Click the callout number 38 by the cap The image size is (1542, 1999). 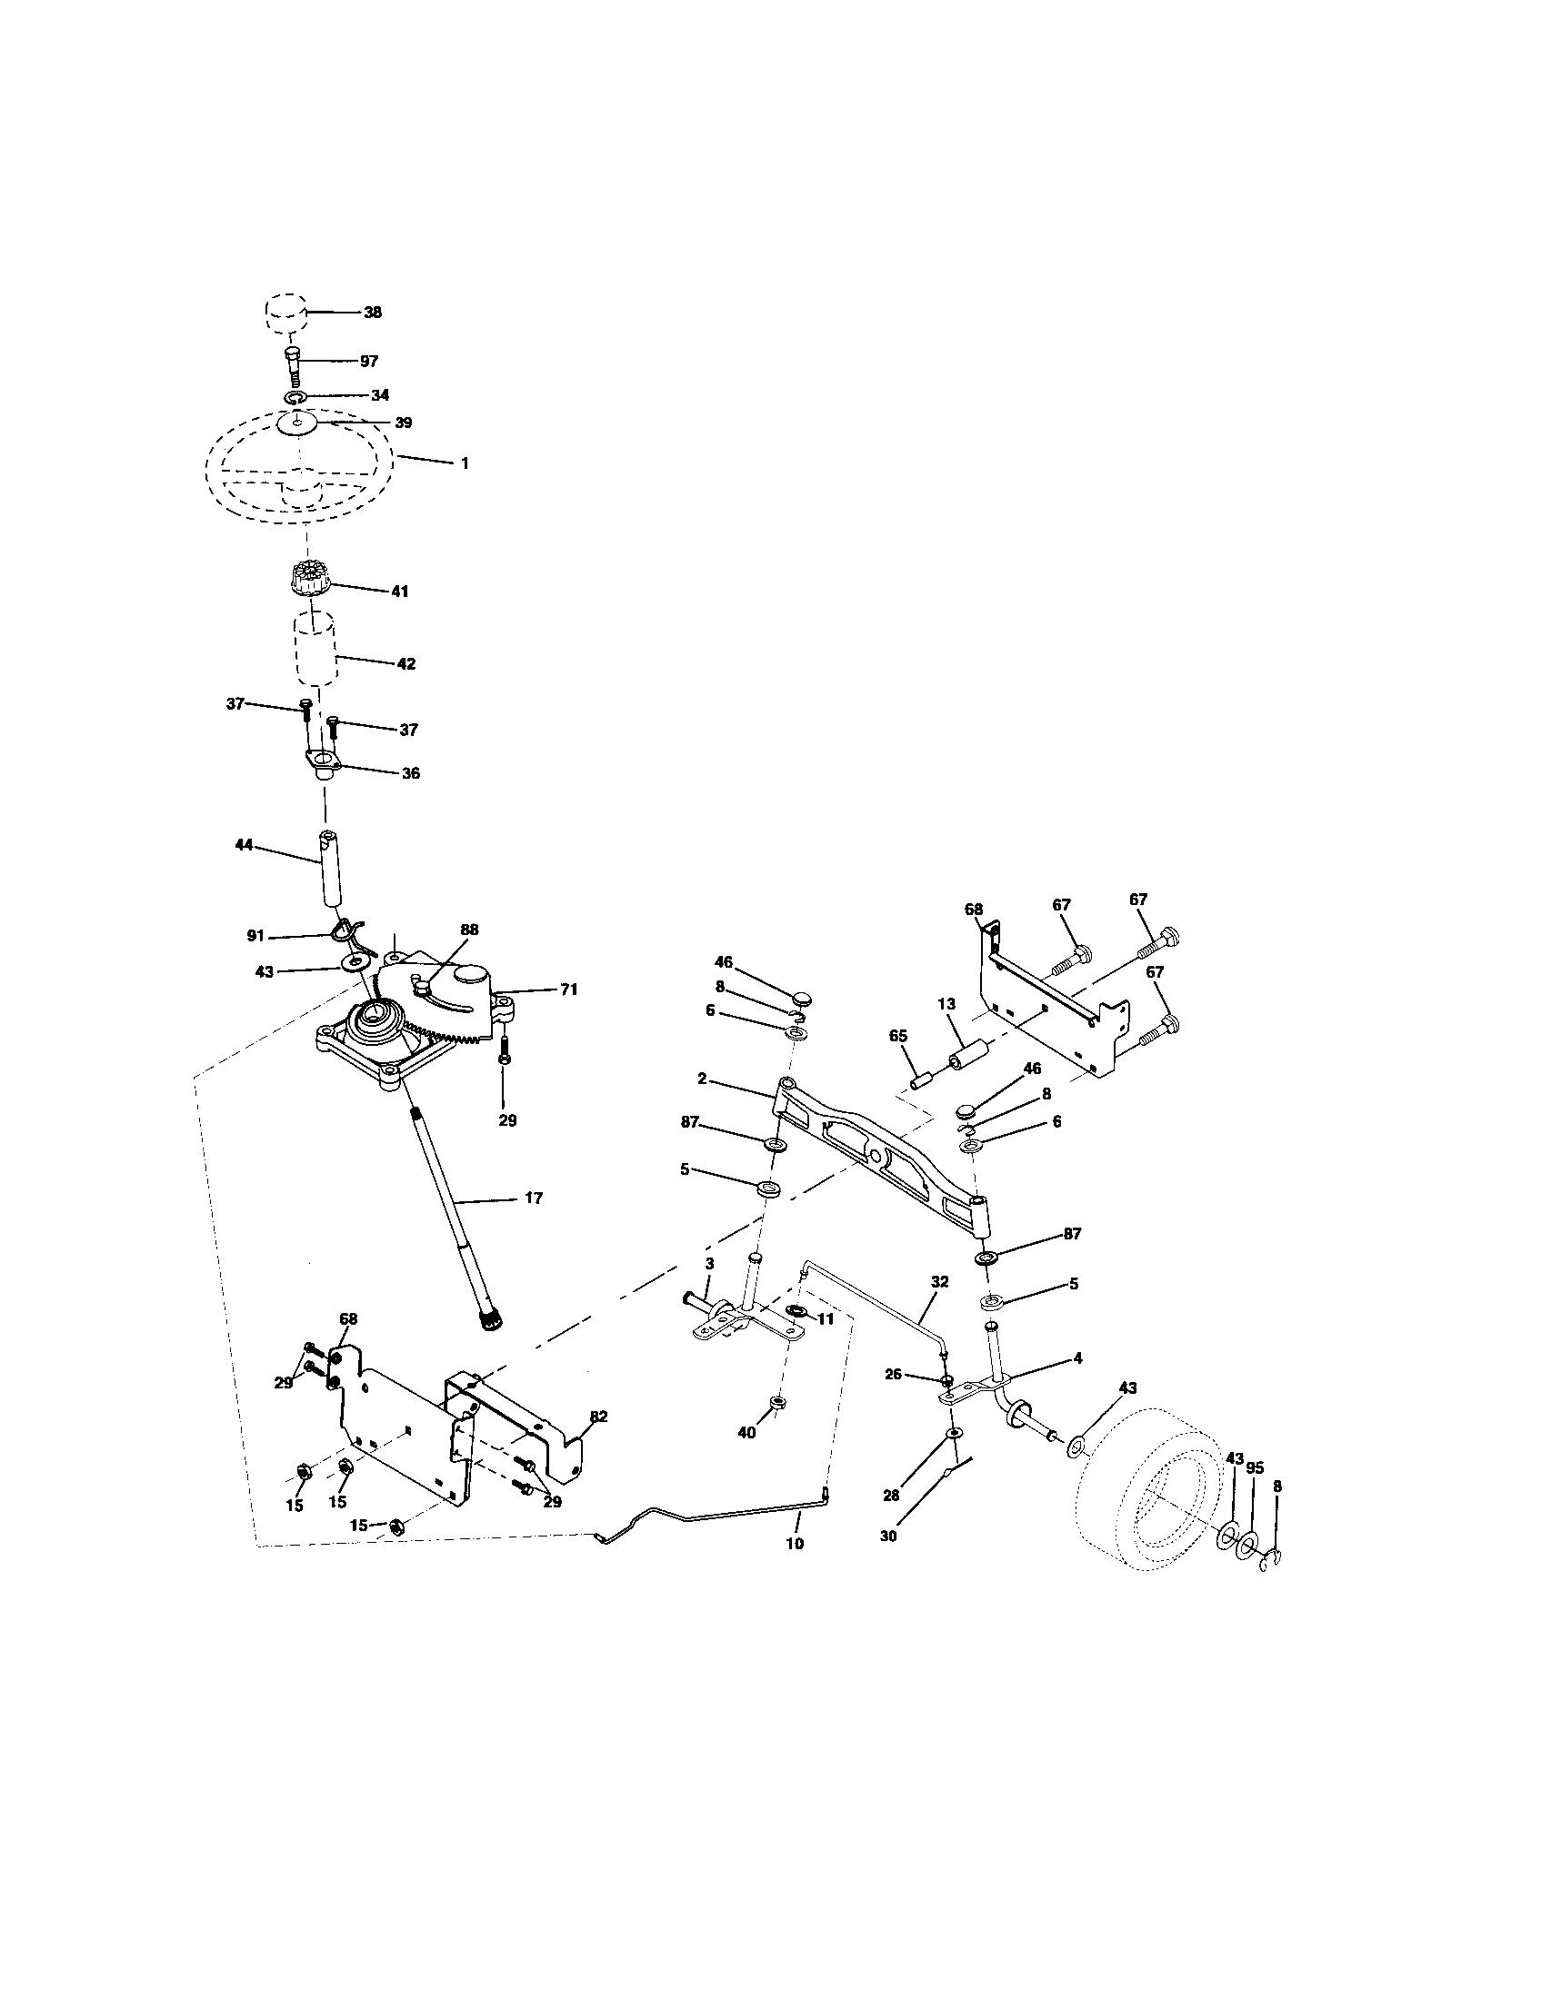point(372,312)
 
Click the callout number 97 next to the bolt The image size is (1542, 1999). point(369,362)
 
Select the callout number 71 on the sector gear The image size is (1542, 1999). point(568,990)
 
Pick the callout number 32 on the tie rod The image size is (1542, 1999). point(938,1282)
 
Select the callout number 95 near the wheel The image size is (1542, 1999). point(1255,1468)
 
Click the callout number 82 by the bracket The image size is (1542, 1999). point(598,1416)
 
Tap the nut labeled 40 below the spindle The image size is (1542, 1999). point(776,1404)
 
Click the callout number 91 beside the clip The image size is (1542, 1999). point(255,935)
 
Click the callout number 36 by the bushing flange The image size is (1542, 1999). point(410,773)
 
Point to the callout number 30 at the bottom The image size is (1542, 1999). point(888,1537)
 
